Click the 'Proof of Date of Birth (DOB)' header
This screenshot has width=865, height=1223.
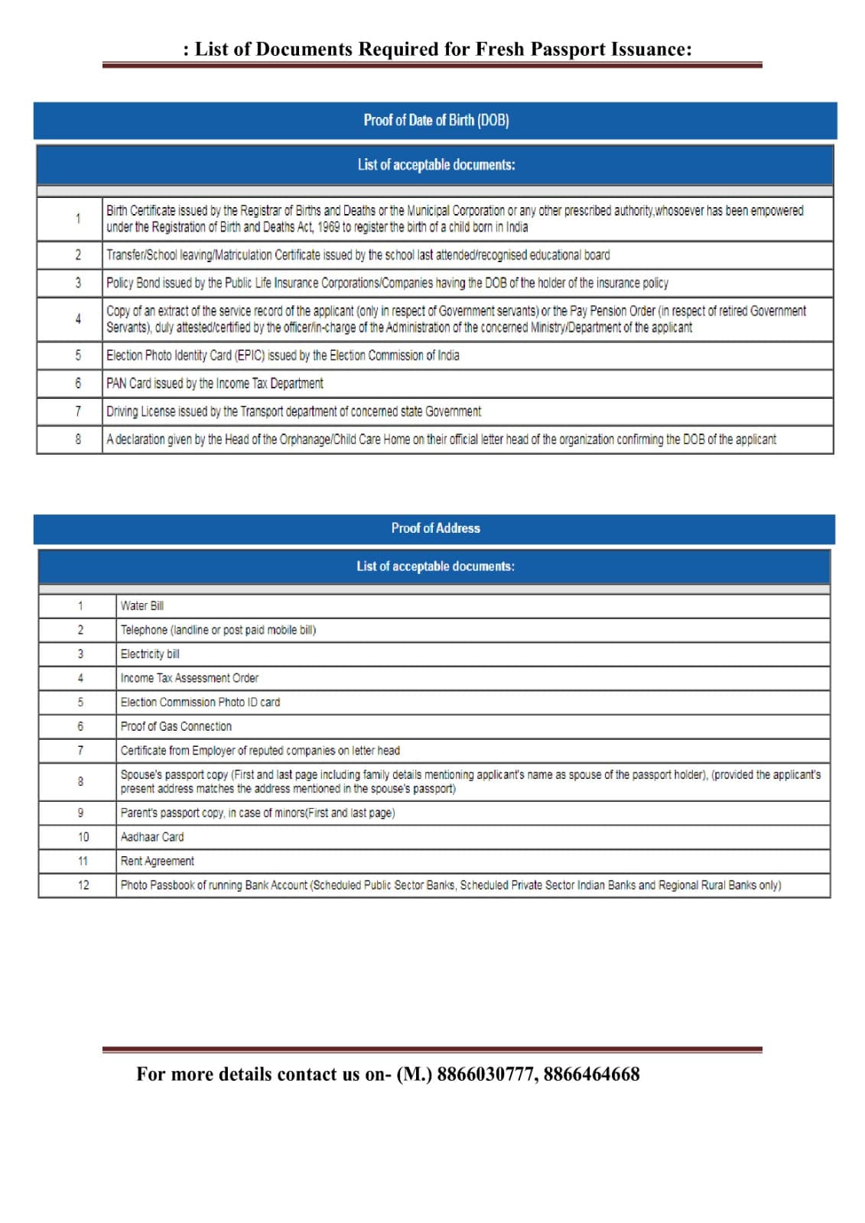436,120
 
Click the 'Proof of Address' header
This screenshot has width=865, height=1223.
435,528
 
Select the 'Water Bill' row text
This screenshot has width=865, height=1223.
142,606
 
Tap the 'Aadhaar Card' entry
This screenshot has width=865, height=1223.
152,837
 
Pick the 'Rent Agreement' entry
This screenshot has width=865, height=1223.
158,861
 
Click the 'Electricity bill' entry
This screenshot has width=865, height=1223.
150,654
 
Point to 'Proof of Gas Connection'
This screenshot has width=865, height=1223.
176,727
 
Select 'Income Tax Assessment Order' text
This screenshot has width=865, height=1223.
190,678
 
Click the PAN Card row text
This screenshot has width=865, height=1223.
215,384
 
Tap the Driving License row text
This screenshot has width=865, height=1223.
294,412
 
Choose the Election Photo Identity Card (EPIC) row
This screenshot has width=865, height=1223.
283,355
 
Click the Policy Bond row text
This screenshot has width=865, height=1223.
387,283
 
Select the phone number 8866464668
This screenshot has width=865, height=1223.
591,1075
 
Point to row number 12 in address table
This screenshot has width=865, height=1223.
83,885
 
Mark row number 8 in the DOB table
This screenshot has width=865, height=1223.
78,440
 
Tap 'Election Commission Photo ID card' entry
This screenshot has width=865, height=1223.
200,702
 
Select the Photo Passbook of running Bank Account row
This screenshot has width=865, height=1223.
450,885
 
